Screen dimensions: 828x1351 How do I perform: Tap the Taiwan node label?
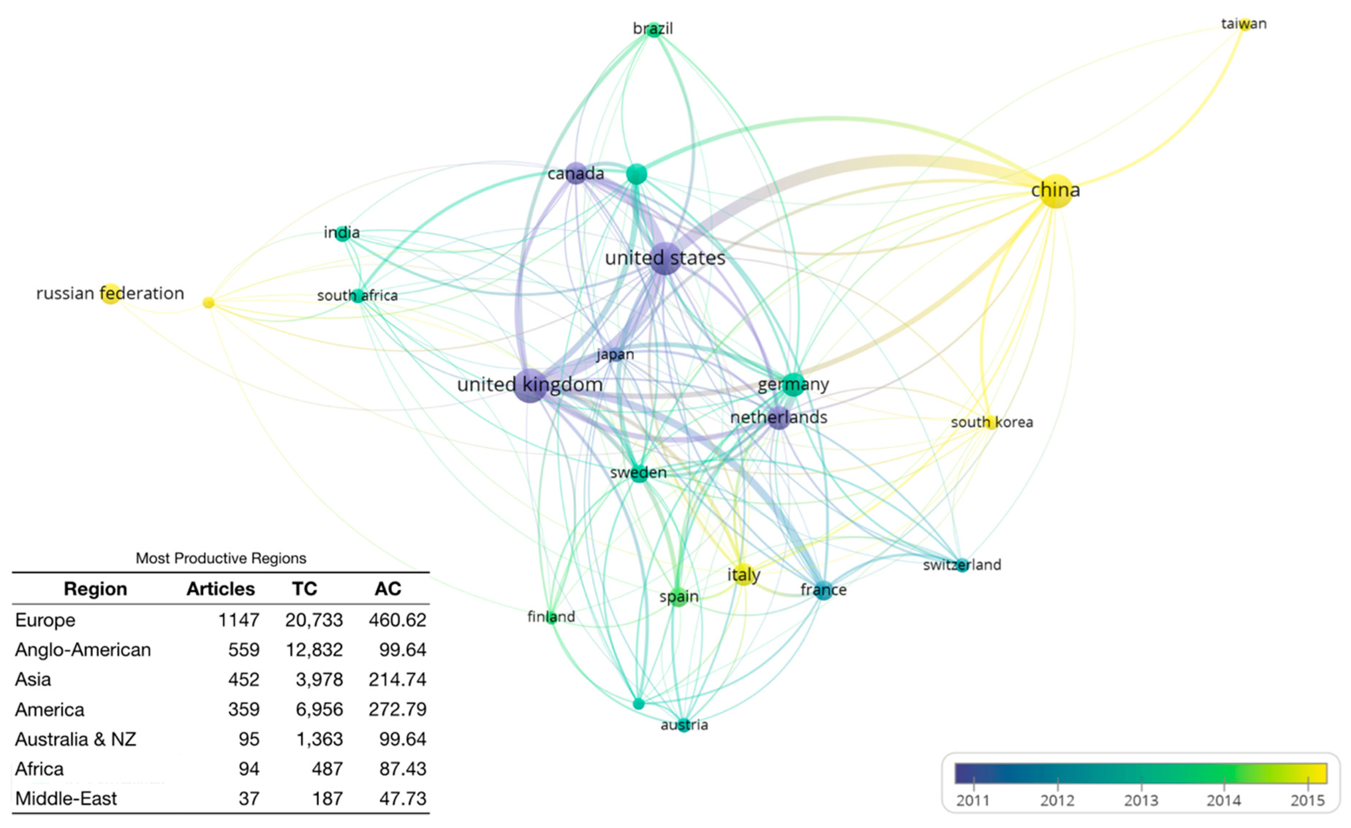point(1243,24)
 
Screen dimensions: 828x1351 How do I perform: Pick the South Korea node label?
point(991,422)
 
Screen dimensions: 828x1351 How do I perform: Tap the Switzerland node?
point(962,565)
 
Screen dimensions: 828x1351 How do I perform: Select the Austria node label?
point(684,725)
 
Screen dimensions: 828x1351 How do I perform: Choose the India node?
point(342,233)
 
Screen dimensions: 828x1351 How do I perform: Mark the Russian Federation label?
point(110,294)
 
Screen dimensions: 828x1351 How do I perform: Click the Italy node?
point(743,574)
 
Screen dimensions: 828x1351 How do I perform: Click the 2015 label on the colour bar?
point(1307,800)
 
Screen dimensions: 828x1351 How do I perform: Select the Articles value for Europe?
point(239,620)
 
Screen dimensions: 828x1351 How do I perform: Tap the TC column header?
point(304,589)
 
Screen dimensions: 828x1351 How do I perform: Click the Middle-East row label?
point(66,798)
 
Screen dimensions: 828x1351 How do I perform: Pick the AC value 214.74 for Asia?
point(397,679)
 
